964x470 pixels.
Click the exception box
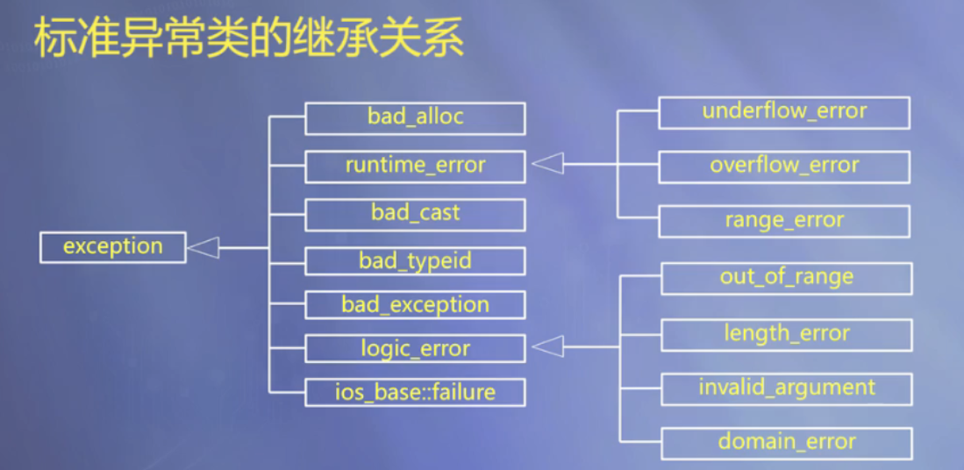click(113, 247)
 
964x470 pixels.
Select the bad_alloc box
click(415, 117)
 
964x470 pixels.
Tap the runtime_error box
click(415, 166)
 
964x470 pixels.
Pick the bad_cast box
click(415, 213)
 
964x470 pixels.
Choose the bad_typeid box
click(415, 261)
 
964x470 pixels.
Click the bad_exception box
click(415, 305)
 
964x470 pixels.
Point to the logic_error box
click(415, 349)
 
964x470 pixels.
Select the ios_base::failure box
click(415, 392)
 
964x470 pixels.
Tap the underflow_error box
click(784, 112)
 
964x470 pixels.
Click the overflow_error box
click(784, 166)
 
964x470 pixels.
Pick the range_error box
click(784, 221)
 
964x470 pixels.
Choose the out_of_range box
click(786, 278)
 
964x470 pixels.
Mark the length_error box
click(786, 334)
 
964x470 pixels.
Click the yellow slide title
click(248, 40)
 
